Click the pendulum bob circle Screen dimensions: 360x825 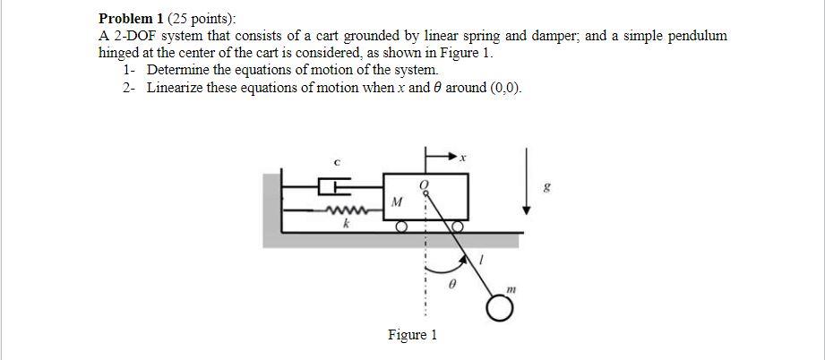(x=502, y=308)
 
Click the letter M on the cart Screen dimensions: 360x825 (x=395, y=202)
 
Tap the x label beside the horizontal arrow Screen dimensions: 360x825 (x=463, y=158)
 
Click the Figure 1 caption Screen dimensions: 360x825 (x=412, y=335)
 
